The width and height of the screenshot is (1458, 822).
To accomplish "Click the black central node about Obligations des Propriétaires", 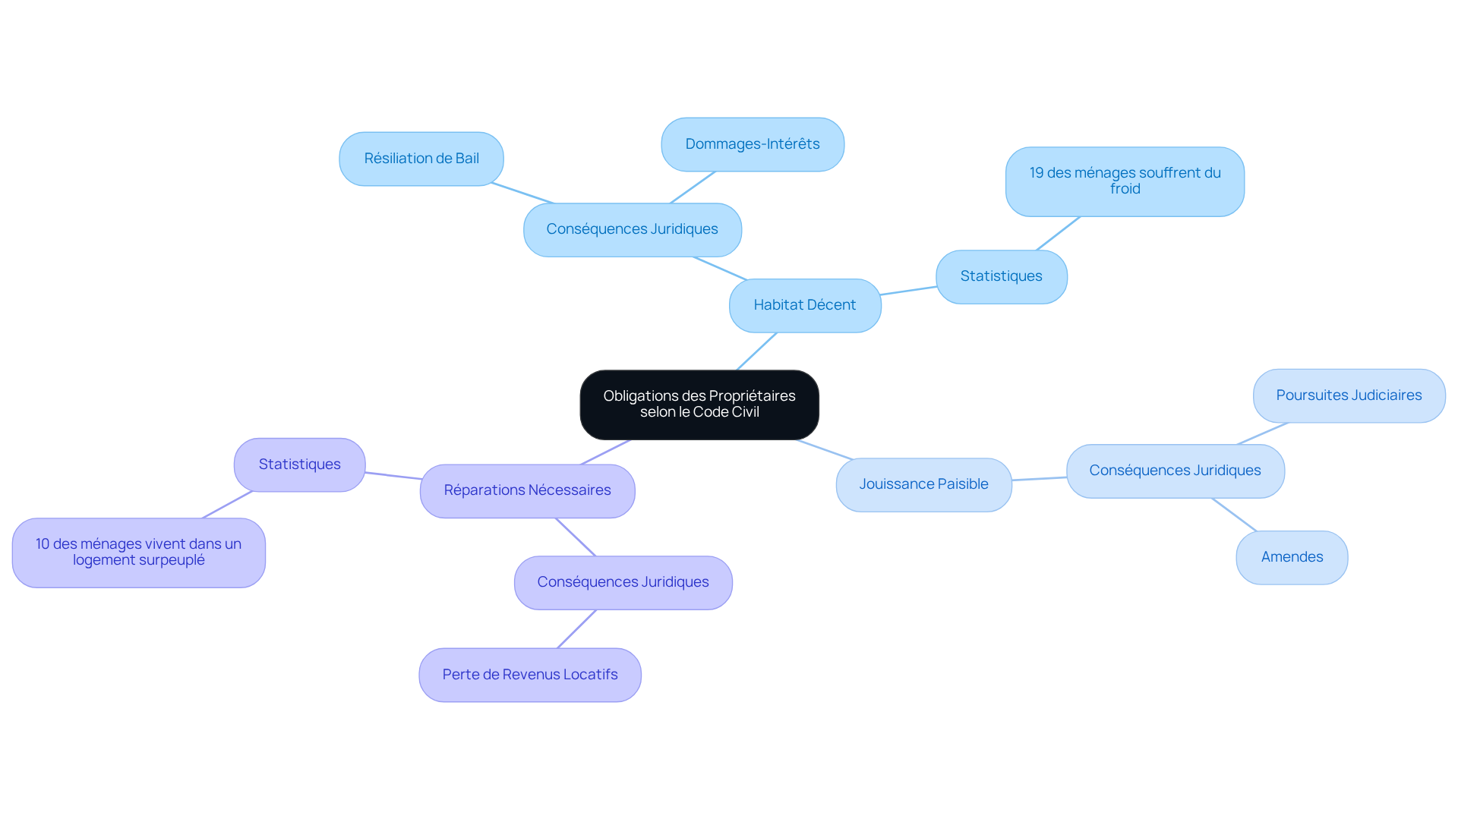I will [x=699, y=405].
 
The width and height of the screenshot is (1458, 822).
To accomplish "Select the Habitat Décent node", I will [x=805, y=305].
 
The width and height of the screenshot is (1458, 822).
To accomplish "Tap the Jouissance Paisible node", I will [x=923, y=484].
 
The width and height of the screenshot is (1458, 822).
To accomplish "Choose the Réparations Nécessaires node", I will [x=527, y=490].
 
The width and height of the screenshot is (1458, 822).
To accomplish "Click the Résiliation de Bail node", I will [x=421, y=159].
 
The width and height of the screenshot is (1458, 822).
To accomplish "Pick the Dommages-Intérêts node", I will [x=752, y=144].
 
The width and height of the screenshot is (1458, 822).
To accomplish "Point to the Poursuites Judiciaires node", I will [x=1349, y=395].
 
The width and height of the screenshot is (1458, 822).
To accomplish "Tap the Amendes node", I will [x=1292, y=557].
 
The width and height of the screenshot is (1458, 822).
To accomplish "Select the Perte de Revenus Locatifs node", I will [x=530, y=675].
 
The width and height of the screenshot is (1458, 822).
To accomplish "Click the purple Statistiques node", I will [x=299, y=465].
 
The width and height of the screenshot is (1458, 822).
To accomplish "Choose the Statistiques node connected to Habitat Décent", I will [x=1001, y=276].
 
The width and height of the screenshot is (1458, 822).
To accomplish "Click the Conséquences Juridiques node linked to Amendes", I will [x=1175, y=471].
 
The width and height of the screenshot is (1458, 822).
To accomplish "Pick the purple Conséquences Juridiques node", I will [x=623, y=582].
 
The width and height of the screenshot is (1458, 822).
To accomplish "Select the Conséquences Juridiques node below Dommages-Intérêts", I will [x=632, y=229].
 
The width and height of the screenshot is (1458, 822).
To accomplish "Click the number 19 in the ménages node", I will [x=1037, y=173].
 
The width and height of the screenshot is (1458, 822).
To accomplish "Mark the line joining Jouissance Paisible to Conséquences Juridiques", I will [x=1039, y=479].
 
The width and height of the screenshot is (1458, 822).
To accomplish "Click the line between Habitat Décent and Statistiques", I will [x=908, y=291].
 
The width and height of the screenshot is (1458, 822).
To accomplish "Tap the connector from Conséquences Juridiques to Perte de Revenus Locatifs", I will [x=576, y=629].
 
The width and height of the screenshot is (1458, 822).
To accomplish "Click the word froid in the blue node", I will [x=1125, y=189].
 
